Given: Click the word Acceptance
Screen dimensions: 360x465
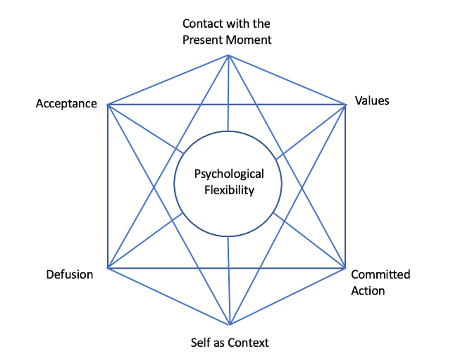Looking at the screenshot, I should [66, 103].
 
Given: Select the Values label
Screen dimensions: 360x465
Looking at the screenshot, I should [372, 101].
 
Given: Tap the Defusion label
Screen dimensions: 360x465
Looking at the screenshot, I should [69, 274].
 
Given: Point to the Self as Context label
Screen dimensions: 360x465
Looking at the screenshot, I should [230, 342].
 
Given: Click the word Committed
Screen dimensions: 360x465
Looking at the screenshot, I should [380, 274].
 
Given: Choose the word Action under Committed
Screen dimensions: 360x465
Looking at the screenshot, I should [368, 290].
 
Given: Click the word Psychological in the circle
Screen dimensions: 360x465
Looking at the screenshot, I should [229, 174].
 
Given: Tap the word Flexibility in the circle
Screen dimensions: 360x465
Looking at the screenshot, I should [229, 190].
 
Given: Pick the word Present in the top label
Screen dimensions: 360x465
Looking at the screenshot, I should [203, 40].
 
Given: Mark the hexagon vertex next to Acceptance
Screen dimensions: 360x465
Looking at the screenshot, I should [108, 105].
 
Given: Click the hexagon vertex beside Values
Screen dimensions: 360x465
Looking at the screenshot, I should [345, 105].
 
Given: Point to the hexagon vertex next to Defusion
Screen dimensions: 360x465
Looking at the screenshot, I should [108, 268].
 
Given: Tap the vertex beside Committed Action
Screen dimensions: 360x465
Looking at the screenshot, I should [345, 268].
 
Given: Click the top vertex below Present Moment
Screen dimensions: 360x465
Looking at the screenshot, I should [228, 55].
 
